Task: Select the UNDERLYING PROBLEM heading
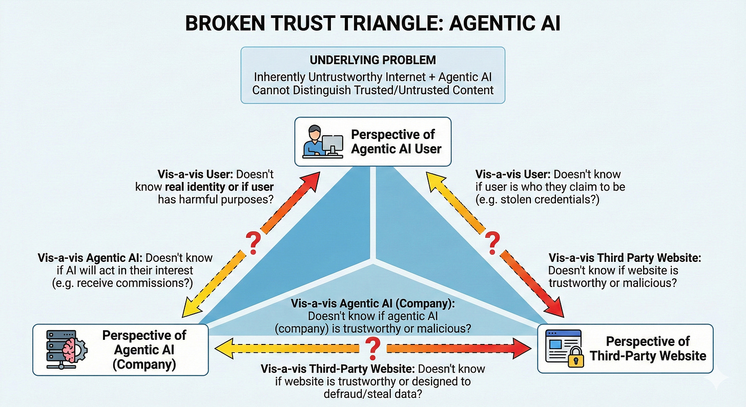tap(372, 60)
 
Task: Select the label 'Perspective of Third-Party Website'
tap(648, 349)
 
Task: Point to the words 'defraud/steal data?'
tap(372, 395)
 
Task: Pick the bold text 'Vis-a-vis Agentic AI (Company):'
tap(372, 303)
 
